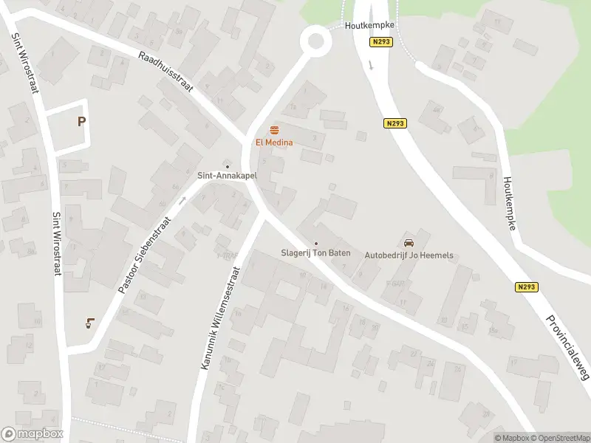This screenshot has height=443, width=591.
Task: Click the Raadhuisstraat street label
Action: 165,72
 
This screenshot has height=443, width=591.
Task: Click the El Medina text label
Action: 275,142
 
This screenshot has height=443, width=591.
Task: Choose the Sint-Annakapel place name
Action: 226,176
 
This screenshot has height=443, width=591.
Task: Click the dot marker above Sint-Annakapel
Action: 227,165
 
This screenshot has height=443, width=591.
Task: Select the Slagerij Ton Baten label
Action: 315,253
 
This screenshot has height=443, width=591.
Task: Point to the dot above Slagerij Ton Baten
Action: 316,243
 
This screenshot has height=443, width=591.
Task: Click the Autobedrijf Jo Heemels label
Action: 409,255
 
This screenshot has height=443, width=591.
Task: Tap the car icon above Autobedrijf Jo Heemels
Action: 409,243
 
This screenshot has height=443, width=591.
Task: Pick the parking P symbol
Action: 81,122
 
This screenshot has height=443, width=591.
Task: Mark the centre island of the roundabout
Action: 316,40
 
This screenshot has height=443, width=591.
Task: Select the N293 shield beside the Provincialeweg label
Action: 527,287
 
